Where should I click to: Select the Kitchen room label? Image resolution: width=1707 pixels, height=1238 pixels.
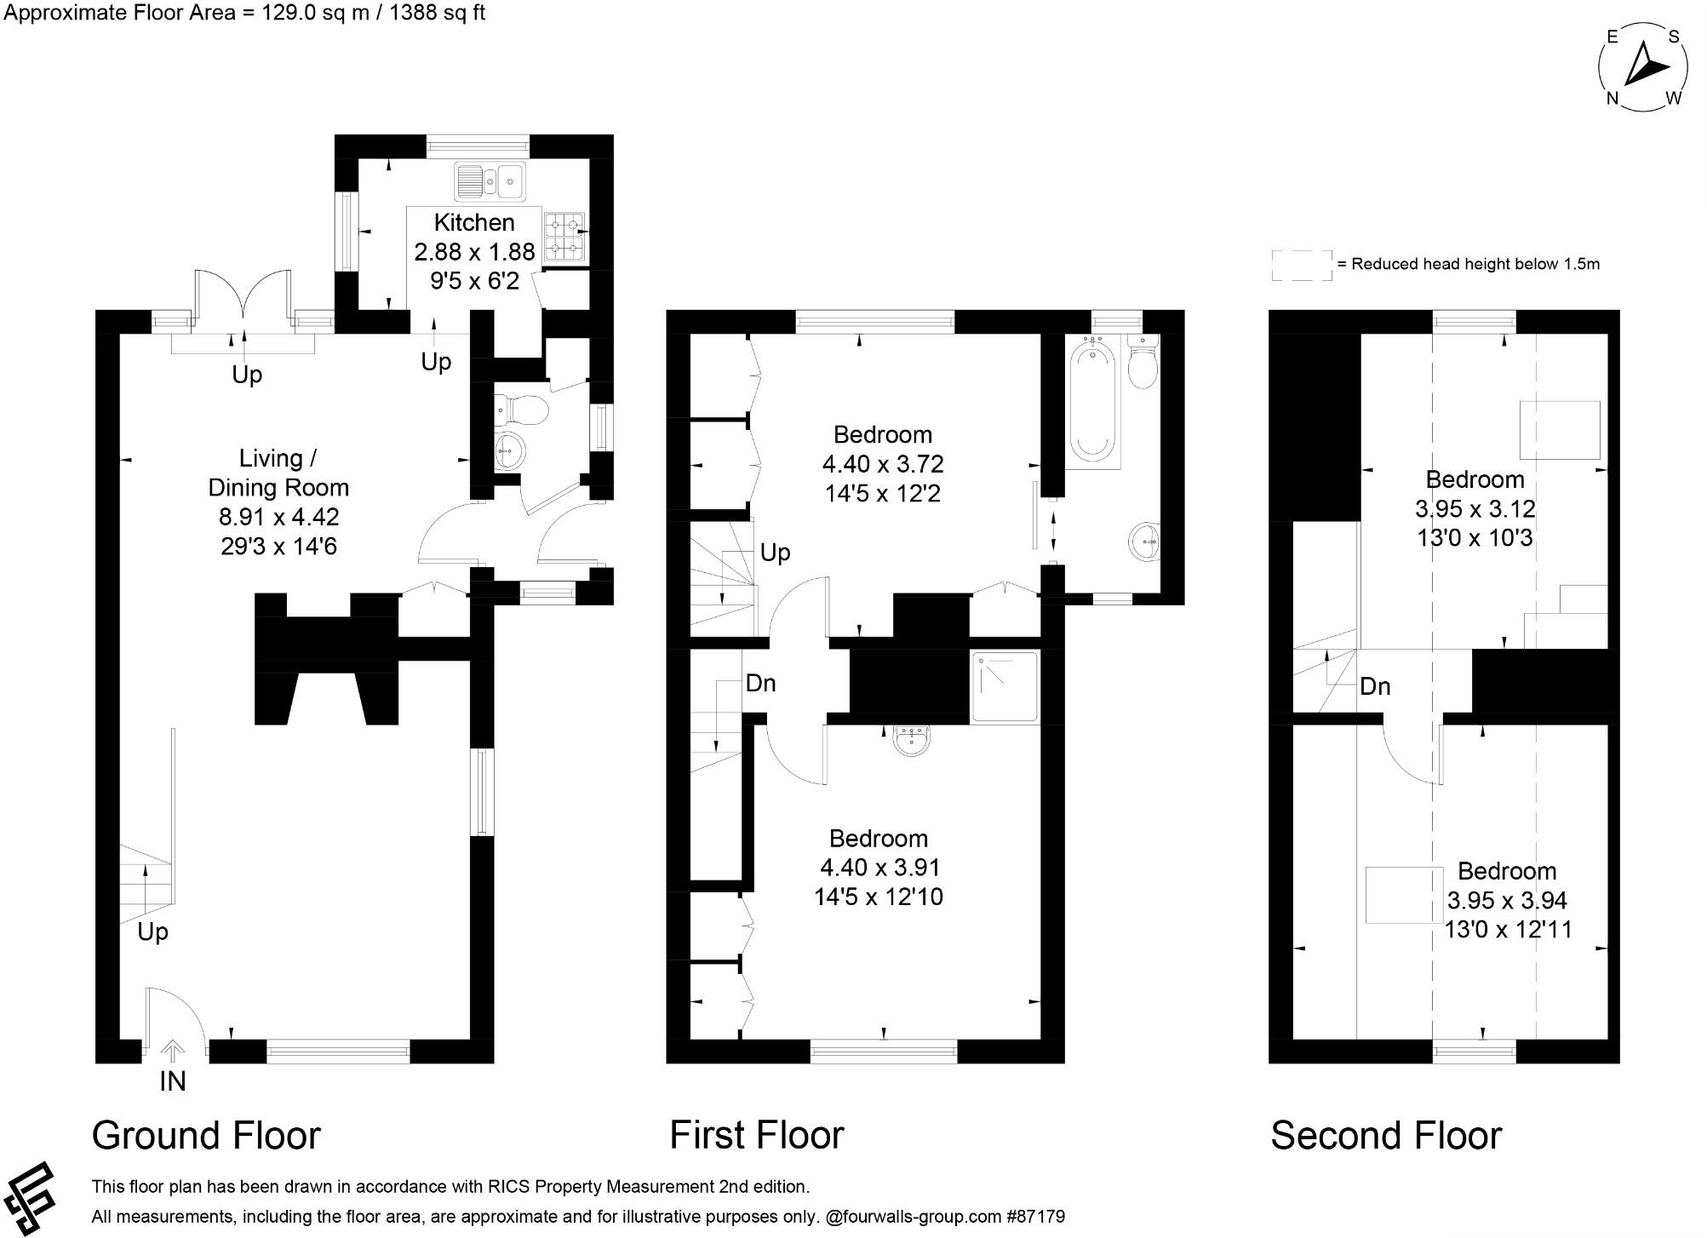(474, 223)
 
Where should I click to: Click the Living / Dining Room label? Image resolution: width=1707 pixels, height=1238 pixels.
(278, 473)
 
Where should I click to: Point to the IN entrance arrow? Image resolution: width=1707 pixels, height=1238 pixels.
(173, 1052)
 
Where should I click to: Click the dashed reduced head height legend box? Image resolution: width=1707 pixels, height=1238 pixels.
(1302, 264)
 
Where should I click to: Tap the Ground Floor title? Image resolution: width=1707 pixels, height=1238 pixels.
(206, 1136)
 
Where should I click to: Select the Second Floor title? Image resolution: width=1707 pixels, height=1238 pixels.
(1386, 1136)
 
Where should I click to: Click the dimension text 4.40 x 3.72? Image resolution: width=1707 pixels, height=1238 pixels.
(883, 464)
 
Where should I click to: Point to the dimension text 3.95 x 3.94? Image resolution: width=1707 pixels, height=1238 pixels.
(1507, 900)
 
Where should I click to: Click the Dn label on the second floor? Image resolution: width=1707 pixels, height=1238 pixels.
(1375, 686)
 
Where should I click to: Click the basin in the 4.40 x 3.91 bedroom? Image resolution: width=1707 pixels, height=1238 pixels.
(912, 740)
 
